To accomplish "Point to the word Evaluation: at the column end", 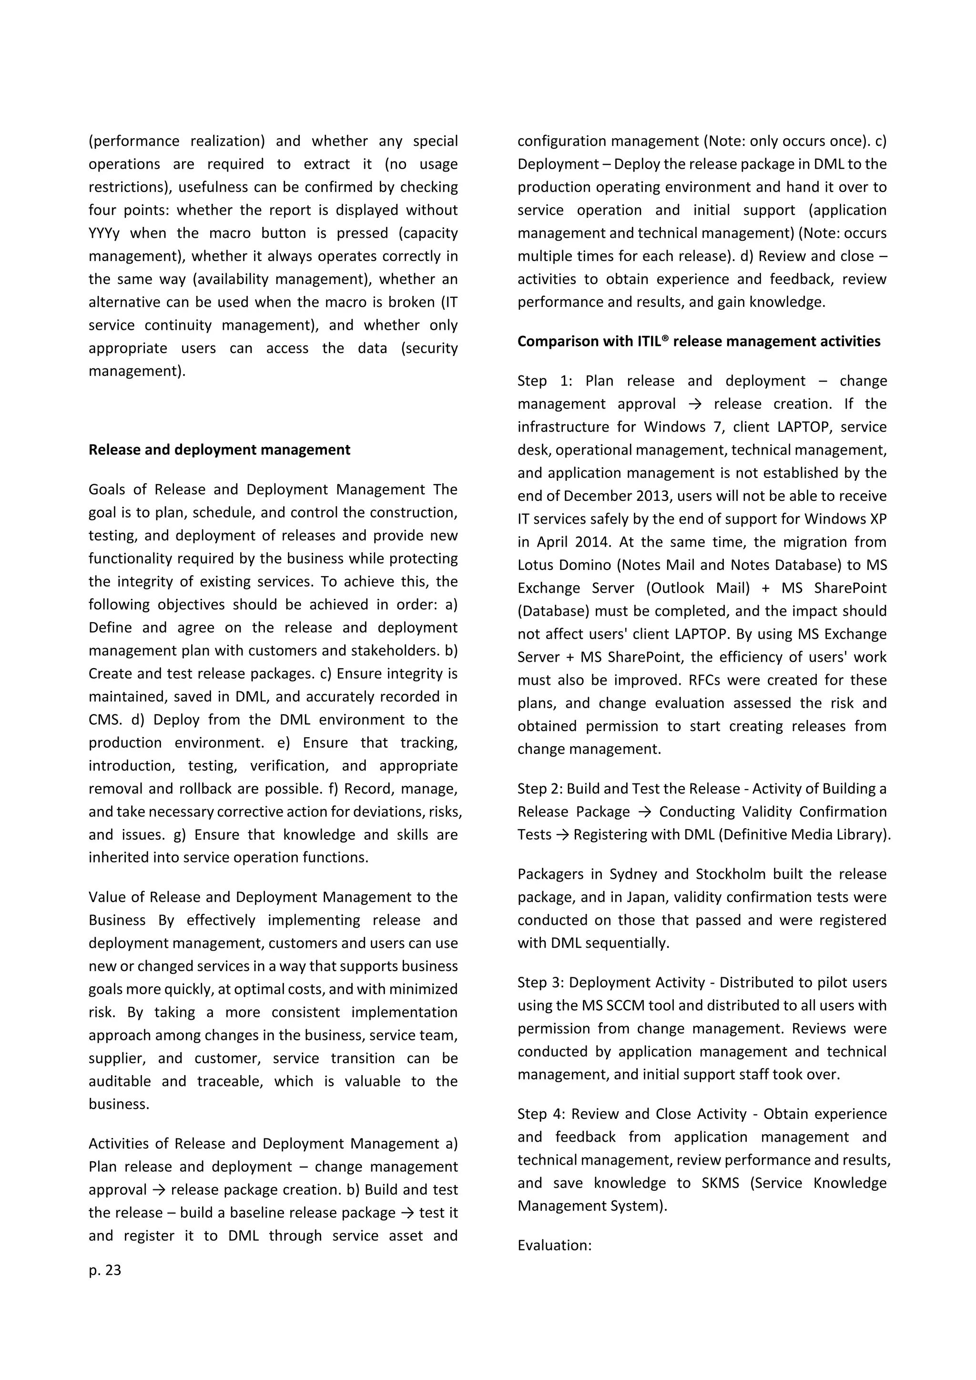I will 554,1245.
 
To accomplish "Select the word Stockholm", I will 730,874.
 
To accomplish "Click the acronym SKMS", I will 720,1183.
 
